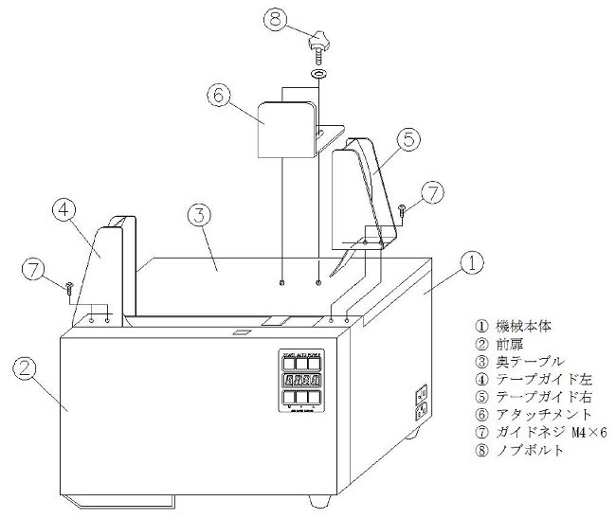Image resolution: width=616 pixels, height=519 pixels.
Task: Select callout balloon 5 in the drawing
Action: tap(405, 139)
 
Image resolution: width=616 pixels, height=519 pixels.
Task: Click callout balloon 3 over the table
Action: tap(198, 217)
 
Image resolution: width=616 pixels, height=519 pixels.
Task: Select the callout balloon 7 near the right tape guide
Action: tap(431, 192)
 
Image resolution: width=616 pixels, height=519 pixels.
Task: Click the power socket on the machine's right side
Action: tap(422, 402)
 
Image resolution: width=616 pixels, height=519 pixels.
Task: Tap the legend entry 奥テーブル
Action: tap(522, 361)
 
